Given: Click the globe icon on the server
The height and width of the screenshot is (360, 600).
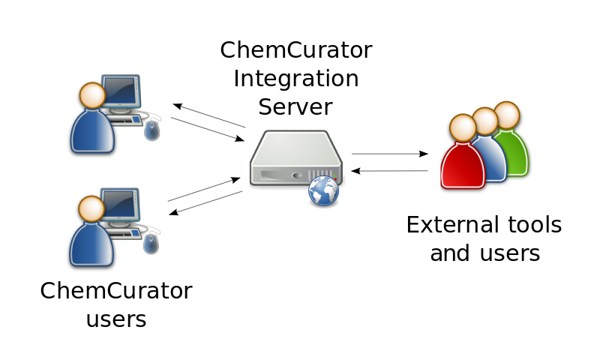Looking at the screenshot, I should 323,190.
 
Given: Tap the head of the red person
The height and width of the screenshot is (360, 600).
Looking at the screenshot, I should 463,128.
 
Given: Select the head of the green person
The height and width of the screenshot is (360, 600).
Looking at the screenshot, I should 507,115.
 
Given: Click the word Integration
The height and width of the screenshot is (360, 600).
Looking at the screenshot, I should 295,79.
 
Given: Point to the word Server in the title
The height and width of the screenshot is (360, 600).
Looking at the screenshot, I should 295,106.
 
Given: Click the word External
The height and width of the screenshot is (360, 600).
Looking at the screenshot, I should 451,224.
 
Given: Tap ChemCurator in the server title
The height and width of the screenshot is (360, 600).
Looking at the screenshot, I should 295,50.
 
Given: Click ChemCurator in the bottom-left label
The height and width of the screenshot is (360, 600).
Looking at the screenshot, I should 115,291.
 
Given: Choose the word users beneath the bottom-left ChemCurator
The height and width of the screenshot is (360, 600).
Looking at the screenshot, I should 115,319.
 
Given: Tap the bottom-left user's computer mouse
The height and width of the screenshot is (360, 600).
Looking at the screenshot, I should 152,244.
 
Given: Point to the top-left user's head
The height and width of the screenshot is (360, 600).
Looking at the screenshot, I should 92,95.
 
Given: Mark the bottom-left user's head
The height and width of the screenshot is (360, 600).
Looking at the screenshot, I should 91,208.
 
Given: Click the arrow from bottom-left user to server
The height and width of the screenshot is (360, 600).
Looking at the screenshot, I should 204,189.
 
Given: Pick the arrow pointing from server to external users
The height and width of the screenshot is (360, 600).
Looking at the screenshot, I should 389,154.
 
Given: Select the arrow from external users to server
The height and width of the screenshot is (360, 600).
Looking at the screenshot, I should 389,171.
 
